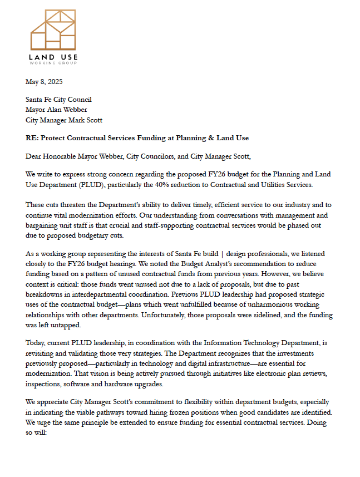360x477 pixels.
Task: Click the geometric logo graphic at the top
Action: (53, 31)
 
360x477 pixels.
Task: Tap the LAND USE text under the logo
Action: (53, 57)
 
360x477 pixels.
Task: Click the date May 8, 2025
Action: (44, 82)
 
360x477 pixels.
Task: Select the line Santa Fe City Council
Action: (58, 100)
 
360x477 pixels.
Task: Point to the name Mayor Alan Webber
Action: (56, 110)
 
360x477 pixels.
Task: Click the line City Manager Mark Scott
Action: (64, 120)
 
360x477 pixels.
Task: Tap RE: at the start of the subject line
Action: (32, 137)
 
